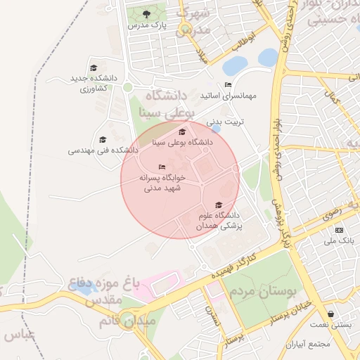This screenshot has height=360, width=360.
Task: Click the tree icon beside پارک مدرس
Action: (x=146, y=13)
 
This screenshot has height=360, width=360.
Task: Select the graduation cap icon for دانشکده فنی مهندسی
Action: (x=103, y=139)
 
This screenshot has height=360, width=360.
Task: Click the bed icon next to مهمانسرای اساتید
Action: (x=227, y=84)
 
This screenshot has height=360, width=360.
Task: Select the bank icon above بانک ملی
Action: (x=340, y=230)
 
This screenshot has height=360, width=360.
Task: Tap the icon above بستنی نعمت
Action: (x=330, y=314)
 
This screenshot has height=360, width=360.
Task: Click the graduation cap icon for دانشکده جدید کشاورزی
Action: (x=92, y=67)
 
